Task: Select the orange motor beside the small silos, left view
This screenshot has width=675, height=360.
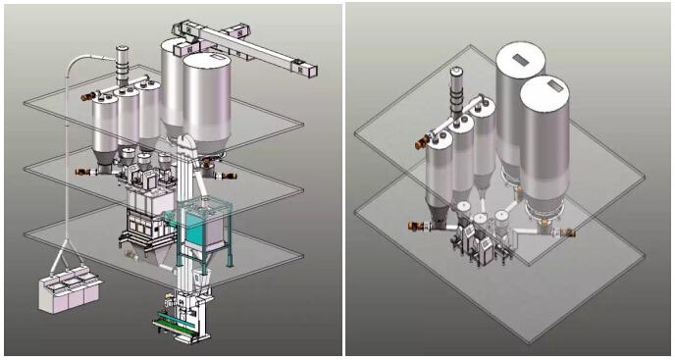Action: pos(88,96)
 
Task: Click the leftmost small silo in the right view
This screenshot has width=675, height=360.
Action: pos(438,177)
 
